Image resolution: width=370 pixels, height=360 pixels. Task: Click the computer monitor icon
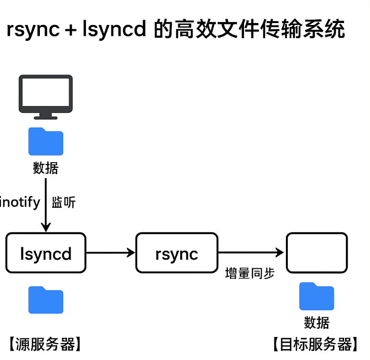tap(46, 96)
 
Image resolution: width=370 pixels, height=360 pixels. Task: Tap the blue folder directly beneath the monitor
tap(46, 142)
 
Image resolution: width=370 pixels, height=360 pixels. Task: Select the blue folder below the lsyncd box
tap(46, 300)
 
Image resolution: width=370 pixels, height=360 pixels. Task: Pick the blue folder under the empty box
tap(317, 297)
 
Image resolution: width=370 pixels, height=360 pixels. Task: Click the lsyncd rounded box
tap(46, 253)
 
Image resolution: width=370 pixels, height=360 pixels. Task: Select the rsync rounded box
tap(176, 253)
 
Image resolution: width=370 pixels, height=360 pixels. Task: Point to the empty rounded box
tap(317, 252)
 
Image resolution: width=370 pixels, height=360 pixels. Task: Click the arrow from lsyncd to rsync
tap(111, 252)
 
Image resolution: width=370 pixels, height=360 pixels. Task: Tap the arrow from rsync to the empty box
tap(250, 252)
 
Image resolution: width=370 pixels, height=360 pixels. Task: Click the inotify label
tap(20, 202)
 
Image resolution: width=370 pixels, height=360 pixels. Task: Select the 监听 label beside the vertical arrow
tap(64, 203)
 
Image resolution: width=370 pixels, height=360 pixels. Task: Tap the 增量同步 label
tap(250, 273)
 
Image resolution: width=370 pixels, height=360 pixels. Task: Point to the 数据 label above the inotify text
tap(46, 168)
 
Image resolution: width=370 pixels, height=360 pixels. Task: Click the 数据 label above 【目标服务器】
tap(317, 322)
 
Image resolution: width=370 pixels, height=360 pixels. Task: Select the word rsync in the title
tap(33, 30)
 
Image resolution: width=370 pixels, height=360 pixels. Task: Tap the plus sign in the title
tap(71, 30)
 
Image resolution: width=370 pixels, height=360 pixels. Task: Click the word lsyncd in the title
tap(114, 30)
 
